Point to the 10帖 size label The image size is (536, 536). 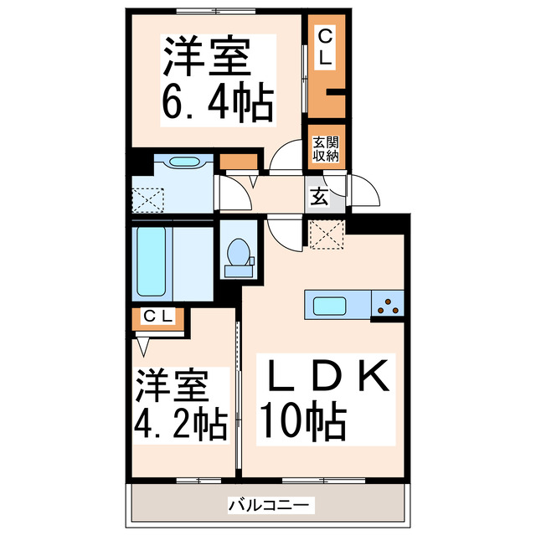pos(302,421)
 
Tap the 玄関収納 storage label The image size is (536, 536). pos(326,148)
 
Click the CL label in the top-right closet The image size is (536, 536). pos(325,48)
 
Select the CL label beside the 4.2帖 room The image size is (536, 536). pos(157,316)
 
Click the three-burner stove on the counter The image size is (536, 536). pos(389,305)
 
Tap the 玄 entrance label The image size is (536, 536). pos(321,198)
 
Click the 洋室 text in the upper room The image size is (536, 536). pos(206,59)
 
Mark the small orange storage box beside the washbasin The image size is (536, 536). pos(239,162)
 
